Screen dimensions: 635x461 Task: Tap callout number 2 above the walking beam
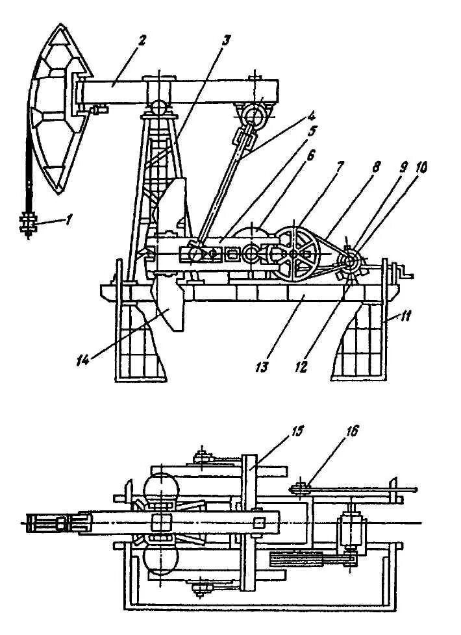(x=142, y=40)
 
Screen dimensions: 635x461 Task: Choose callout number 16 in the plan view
(x=353, y=430)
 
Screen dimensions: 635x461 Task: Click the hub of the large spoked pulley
(x=294, y=254)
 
